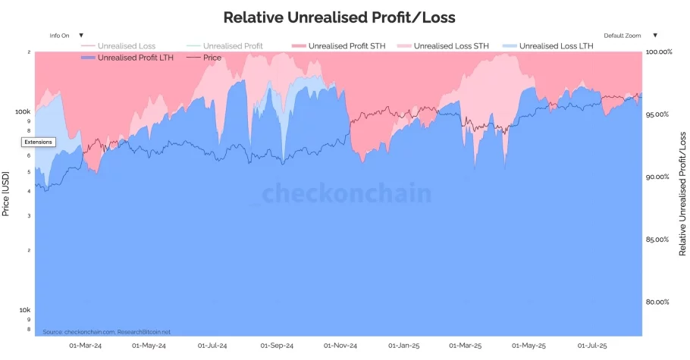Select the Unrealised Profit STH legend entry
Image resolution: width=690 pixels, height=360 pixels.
point(337,46)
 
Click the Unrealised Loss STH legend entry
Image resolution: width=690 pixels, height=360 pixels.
point(451,46)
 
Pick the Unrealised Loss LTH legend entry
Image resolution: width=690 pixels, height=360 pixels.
point(556,46)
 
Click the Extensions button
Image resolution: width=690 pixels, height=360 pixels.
point(38,142)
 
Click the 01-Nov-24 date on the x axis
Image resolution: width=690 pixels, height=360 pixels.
point(341,346)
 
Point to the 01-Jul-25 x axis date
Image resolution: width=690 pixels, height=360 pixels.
point(592,346)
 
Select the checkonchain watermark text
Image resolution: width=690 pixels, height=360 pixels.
point(347,194)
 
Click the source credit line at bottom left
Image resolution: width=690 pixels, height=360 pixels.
point(106,332)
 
